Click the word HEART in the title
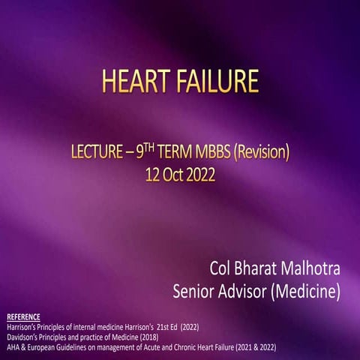(128, 79)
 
